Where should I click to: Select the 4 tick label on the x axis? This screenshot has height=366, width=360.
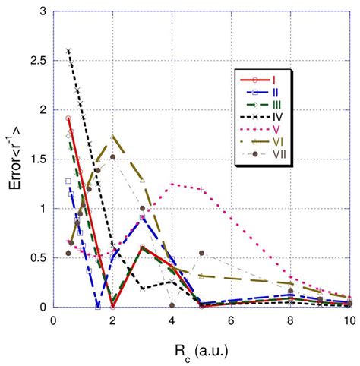pyautogui.click(x=172, y=321)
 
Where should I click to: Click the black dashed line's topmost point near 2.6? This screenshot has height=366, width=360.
pyautogui.click(x=68, y=51)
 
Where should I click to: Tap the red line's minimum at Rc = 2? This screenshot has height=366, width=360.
pyautogui.click(x=112, y=306)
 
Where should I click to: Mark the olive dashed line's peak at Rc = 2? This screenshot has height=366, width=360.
pyautogui.click(x=112, y=137)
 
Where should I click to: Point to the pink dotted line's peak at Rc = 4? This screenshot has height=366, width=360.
pyautogui.click(x=172, y=184)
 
